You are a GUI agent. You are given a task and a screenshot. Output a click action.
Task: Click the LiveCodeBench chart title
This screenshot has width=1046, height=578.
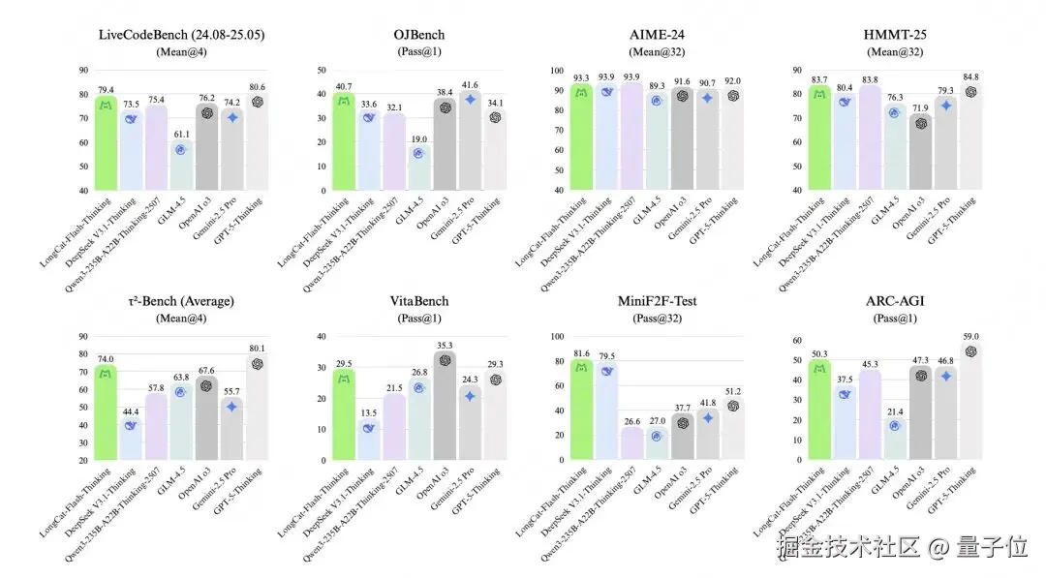[183, 35]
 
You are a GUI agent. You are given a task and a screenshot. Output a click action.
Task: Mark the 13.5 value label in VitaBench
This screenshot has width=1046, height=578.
[369, 412]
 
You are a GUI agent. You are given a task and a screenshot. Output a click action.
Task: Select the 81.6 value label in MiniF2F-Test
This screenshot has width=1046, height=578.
[581, 353]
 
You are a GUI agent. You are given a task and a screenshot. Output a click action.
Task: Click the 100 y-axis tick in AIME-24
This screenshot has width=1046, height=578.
[555, 71]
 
